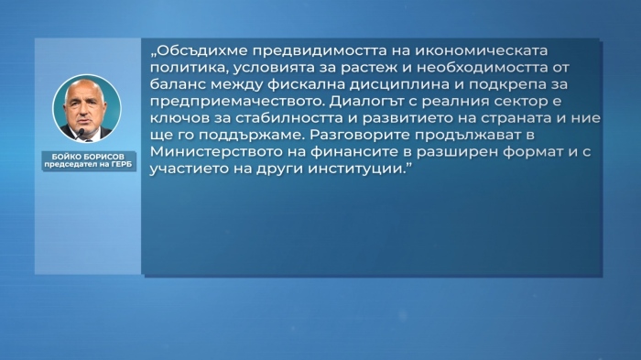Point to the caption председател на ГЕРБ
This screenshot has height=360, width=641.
(x=87, y=166)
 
